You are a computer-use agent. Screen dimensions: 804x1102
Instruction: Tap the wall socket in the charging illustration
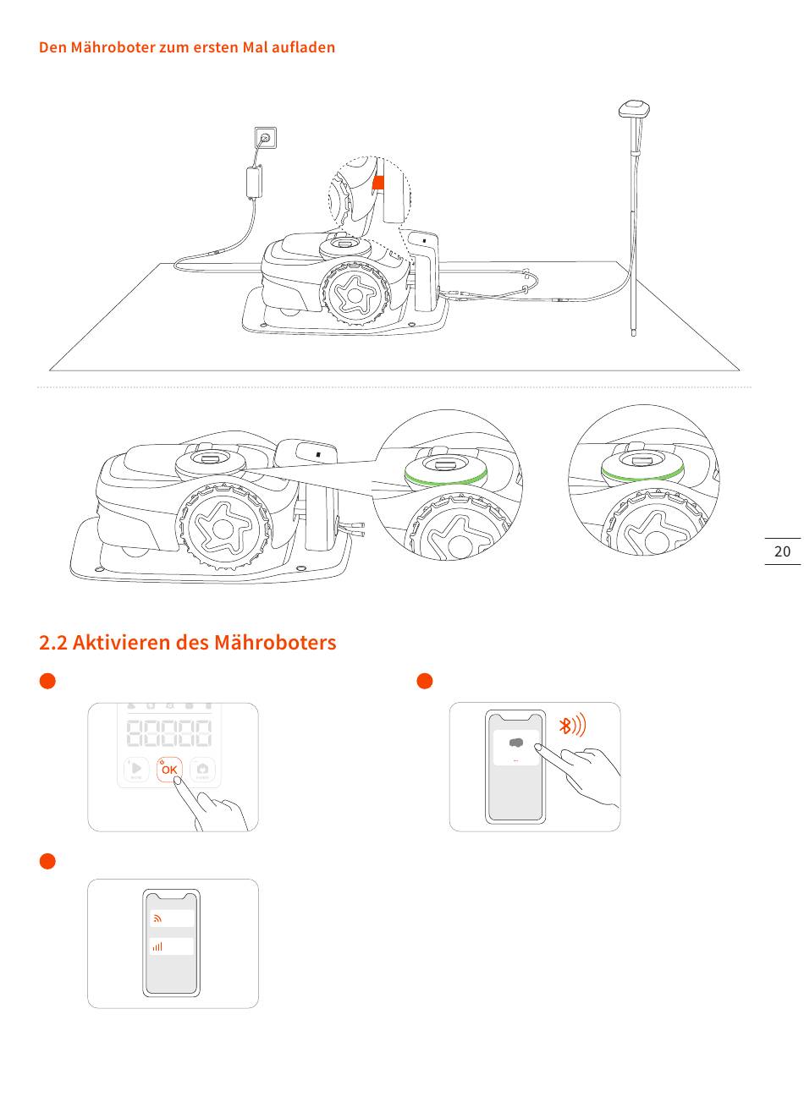tap(266, 136)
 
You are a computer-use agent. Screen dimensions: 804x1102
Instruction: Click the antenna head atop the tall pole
tap(634, 108)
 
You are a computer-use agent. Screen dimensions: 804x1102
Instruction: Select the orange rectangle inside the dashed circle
tap(379, 182)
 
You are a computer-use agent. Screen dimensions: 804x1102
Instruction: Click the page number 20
tap(782, 551)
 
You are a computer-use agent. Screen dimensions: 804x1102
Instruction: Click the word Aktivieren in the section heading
tap(121, 642)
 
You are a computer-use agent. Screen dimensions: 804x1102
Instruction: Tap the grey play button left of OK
tap(137, 770)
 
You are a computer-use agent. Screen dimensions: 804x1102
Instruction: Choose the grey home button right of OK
tap(203, 770)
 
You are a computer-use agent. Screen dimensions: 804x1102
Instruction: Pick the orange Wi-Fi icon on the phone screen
tap(157, 918)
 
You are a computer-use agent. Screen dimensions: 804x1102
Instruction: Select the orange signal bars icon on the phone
tap(157, 946)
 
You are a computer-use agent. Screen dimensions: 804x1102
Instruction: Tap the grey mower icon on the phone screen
tap(515, 743)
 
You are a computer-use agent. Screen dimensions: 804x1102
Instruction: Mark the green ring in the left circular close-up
tap(446, 480)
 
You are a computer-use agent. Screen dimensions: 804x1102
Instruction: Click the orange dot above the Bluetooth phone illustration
tap(426, 682)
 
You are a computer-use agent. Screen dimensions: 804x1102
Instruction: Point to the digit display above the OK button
tap(169, 732)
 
